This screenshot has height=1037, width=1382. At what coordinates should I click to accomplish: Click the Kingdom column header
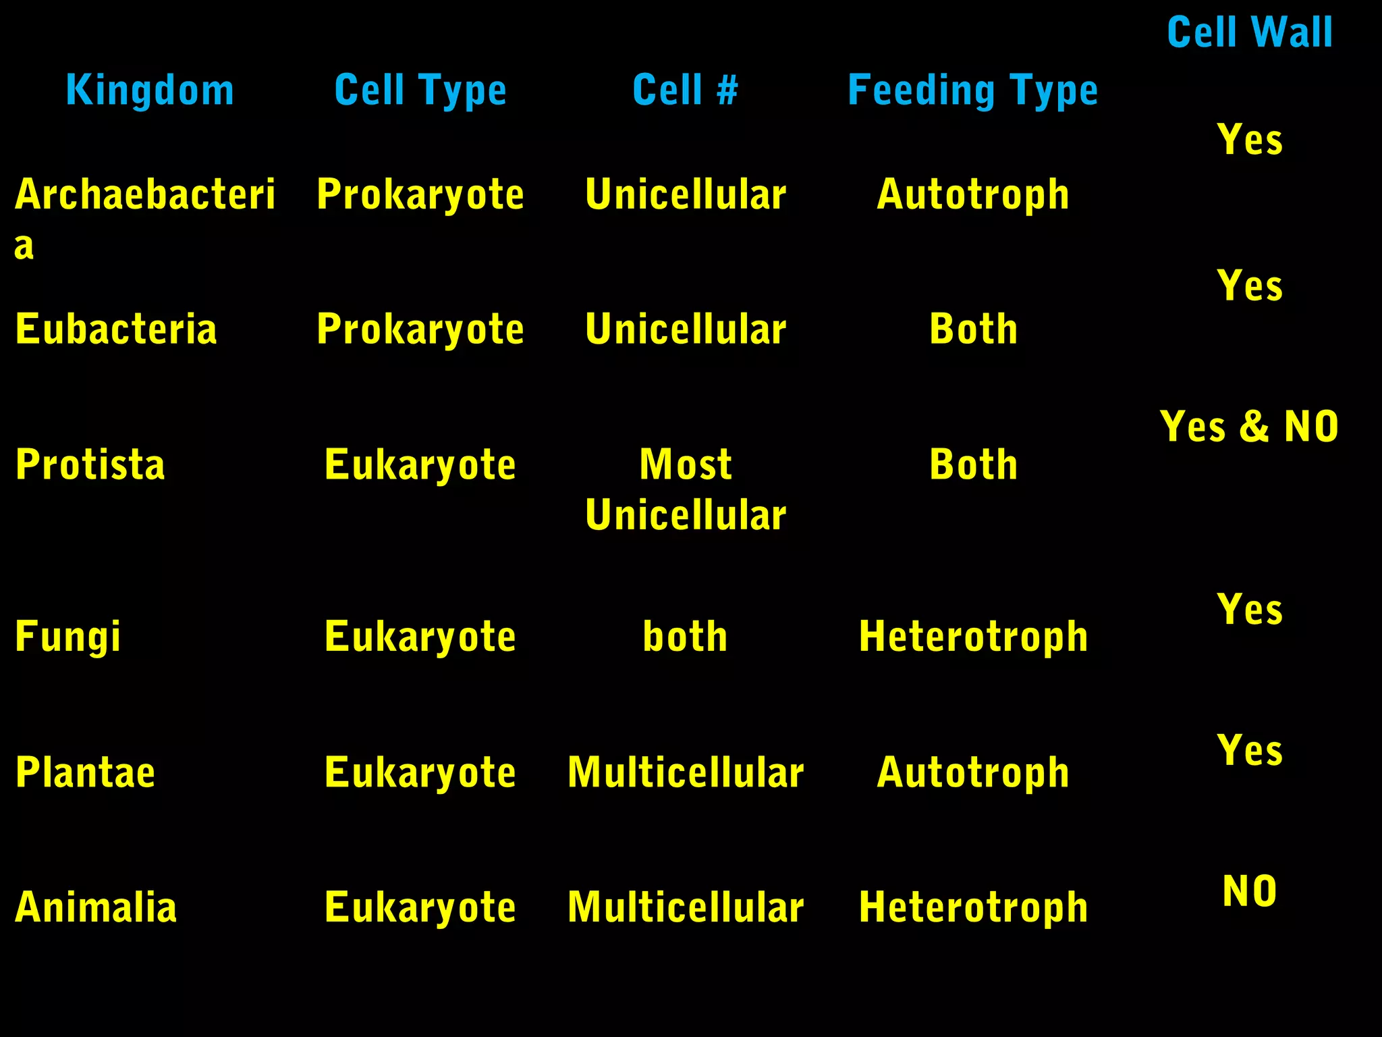coord(150,90)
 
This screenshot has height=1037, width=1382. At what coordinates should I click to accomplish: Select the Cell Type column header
coord(420,90)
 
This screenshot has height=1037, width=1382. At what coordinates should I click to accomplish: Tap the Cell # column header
coord(686,90)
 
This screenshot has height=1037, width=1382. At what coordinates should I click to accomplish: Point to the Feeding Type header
coord(972,90)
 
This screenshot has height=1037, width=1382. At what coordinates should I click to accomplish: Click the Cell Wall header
coord(1250,32)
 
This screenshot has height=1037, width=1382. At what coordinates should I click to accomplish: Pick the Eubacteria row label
coord(116,329)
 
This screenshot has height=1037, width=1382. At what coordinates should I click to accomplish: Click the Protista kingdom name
coord(90,464)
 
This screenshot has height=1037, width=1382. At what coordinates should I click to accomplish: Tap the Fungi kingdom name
coord(67,636)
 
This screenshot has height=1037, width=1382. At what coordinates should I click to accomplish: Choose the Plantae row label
coord(86,772)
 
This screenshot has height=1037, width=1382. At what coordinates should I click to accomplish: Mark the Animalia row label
coord(96,907)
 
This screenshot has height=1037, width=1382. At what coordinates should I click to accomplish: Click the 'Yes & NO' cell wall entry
coord(1249,427)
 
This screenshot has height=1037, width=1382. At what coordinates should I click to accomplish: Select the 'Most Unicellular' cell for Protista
coord(686,489)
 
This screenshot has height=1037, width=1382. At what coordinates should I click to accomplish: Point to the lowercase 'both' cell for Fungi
coord(686,636)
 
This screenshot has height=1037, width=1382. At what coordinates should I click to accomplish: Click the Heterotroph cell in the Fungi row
coord(973,636)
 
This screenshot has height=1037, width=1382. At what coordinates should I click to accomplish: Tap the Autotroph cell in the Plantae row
coord(973,772)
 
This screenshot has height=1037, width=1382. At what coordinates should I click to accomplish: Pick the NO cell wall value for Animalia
coord(1250,891)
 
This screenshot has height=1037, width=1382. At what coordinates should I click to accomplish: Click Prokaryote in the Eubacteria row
coord(420,329)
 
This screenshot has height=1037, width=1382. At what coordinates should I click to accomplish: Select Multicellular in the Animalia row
coord(686,907)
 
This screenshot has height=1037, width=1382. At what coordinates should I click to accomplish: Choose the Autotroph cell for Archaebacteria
coord(973,194)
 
